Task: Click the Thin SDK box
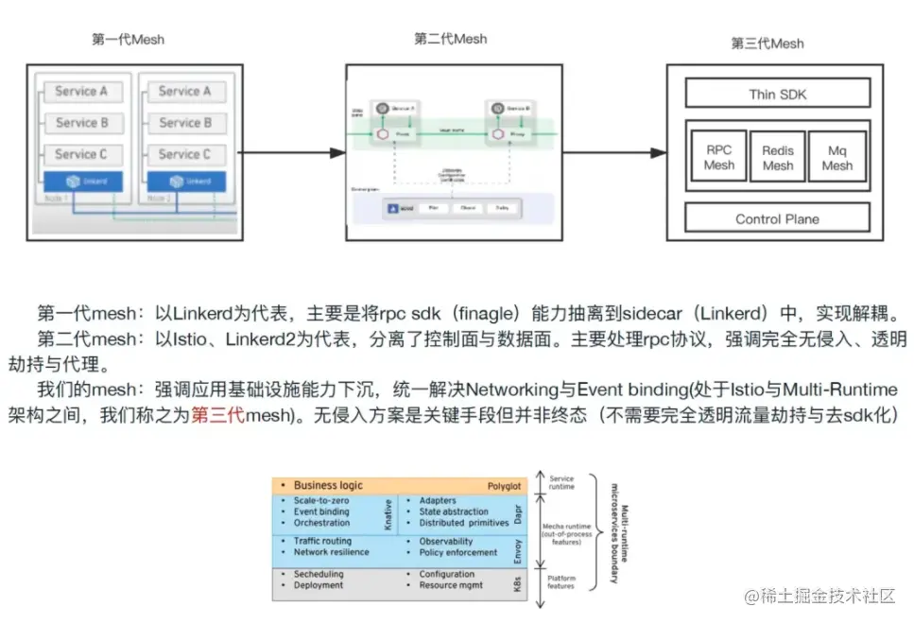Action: click(777, 94)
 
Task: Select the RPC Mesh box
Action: click(718, 157)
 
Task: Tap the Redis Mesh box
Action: click(778, 158)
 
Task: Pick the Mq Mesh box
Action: click(836, 158)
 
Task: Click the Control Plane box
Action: click(777, 219)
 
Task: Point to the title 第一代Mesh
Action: click(128, 39)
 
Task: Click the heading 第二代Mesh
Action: click(450, 39)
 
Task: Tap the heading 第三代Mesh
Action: click(767, 43)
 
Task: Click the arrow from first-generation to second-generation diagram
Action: click(289, 152)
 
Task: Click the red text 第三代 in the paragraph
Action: click(217, 415)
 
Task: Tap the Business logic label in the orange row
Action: click(327, 485)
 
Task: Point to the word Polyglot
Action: click(504, 486)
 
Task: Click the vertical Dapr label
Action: click(518, 512)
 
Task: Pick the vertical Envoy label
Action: click(518, 547)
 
